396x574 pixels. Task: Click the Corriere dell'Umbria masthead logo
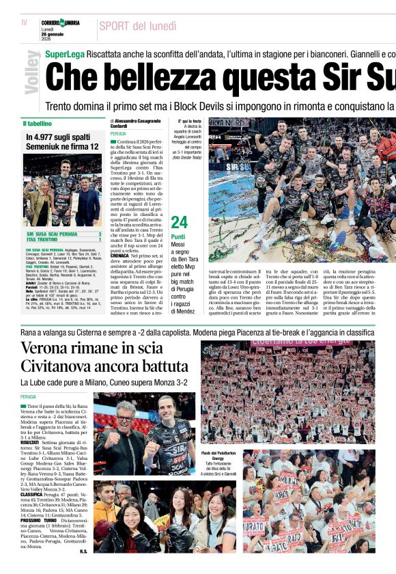coord(60,23)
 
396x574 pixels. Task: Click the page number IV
coord(25,23)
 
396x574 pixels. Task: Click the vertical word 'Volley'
coord(31,72)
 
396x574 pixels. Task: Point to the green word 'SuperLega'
coord(66,53)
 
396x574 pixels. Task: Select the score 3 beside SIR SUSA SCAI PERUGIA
coord(100,234)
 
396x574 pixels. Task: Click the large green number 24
coord(179,223)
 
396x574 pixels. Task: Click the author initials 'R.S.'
coord(83,551)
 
